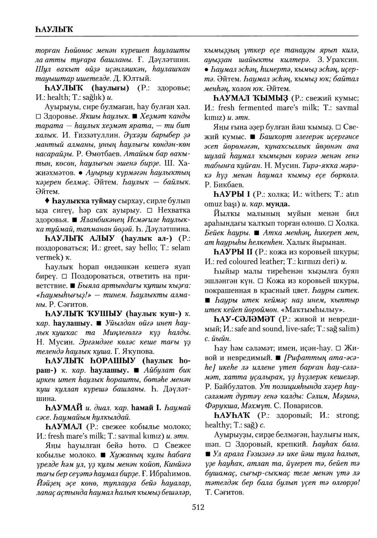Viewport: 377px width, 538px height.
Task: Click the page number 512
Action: [198, 507]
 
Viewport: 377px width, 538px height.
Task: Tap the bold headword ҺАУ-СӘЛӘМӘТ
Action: [242, 319]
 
